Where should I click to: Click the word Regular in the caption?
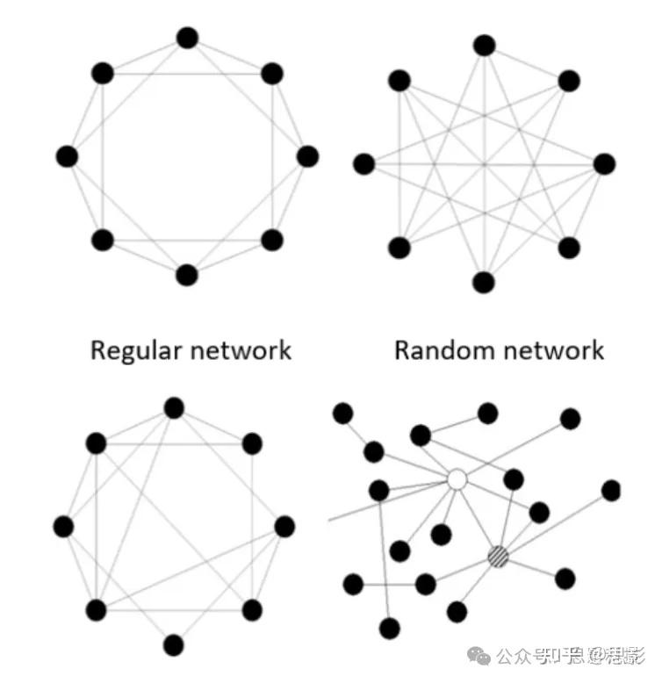[135, 351]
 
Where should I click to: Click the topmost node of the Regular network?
[187, 38]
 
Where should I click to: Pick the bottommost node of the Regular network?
[187, 275]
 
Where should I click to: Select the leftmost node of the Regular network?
[67, 156]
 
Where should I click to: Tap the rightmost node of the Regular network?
[307, 156]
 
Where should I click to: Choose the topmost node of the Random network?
[484, 45]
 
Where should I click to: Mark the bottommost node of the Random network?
[484, 283]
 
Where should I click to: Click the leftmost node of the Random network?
[363, 163]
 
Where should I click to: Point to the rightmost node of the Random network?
[604, 163]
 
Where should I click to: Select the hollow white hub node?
[457, 479]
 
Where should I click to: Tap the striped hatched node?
[498, 555]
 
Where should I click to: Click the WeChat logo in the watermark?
[481, 655]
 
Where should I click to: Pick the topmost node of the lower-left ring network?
[174, 407]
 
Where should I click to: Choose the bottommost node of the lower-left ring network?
[174, 645]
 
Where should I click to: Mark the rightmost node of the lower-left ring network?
[284, 527]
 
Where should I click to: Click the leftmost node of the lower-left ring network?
[63, 527]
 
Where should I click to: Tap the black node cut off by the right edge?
[612, 490]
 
